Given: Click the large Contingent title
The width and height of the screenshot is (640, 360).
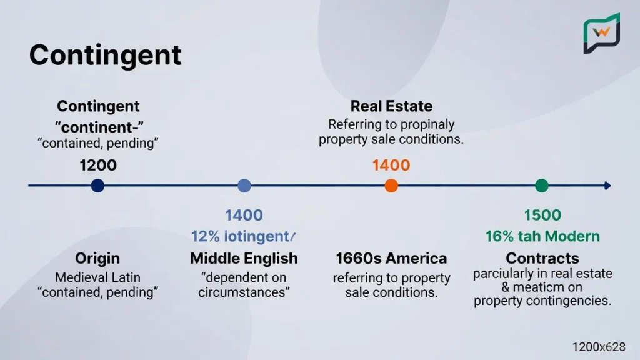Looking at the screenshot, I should coord(105,56).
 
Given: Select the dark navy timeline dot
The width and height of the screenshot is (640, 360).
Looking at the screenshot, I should coord(97,186).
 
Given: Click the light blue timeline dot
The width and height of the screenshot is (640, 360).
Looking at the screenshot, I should coord(244,186).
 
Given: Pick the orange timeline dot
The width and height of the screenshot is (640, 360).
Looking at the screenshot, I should coord(391,186).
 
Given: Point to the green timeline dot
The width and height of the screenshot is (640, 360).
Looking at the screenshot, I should coord(542,186).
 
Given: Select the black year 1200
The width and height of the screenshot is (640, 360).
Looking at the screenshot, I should coord(98,166).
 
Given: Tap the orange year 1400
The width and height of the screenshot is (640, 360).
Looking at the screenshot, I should coord(391,166).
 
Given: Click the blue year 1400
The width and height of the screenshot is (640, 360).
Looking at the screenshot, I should coord(244,216).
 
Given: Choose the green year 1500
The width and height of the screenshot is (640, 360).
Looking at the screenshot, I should coord(542,216).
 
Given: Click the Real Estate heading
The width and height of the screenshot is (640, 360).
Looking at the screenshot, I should coord(391,106).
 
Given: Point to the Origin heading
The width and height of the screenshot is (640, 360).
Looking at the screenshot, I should coord(97,258).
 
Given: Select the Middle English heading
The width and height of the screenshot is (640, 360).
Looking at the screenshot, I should coord(244,258).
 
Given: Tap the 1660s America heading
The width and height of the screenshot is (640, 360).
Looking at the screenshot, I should coord(391,258).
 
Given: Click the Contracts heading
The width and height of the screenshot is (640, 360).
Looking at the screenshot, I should coord(542,258).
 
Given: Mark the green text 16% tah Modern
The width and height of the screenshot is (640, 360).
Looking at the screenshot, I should coord(542,237).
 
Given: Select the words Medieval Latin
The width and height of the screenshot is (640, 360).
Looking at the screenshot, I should coord(97,277).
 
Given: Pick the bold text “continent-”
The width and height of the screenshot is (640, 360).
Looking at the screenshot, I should coord(98,126).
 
